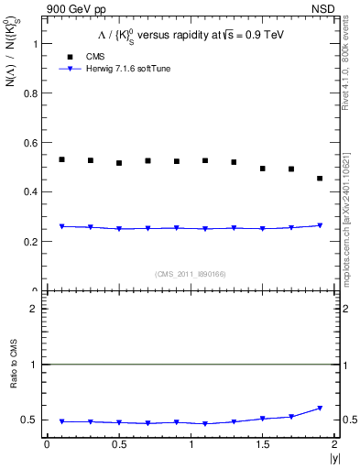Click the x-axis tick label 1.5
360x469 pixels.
[263, 445]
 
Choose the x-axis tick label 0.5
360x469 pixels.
[118, 445]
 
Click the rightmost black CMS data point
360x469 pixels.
[320, 178]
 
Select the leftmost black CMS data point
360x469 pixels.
[61, 159]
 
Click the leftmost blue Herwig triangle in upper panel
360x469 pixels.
[61, 226]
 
